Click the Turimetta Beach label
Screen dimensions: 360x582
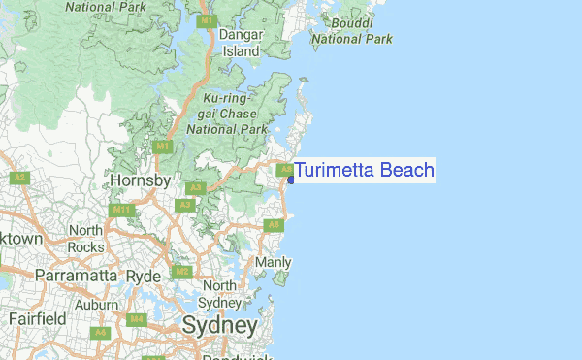coord(364,171)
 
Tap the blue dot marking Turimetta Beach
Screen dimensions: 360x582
coord(290,180)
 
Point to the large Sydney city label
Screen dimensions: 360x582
coord(219,325)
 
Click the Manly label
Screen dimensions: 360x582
coord(273,263)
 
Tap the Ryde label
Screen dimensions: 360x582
coord(144,276)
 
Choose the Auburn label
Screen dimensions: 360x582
coord(97,304)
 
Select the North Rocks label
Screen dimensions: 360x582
coord(85,239)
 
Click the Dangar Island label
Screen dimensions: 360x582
coord(241,43)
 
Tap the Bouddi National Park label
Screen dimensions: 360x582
coord(350,31)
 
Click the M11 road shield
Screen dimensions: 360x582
coord(122,210)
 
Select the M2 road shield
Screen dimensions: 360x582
coord(179,272)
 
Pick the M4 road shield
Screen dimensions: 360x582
coord(136,319)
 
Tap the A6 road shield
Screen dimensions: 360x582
coord(99,333)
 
